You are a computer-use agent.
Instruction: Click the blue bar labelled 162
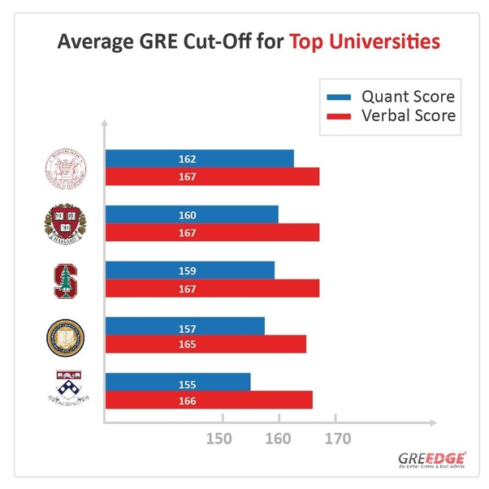click(199, 158)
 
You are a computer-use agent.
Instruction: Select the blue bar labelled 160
click(192, 214)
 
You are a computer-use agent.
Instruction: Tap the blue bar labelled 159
click(190, 270)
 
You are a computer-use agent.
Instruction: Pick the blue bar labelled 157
click(185, 326)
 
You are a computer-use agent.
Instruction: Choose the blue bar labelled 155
click(178, 381)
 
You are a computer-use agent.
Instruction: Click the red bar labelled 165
click(206, 344)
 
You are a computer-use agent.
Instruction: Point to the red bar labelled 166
click(209, 400)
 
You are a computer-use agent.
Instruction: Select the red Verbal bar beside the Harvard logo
click(212, 233)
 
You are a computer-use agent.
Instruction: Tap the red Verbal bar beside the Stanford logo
click(212, 288)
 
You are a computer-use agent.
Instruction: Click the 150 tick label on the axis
click(220, 439)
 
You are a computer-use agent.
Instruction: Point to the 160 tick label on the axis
click(279, 439)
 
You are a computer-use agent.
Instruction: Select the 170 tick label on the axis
click(337, 439)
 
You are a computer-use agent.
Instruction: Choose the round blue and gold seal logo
click(64, 336)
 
